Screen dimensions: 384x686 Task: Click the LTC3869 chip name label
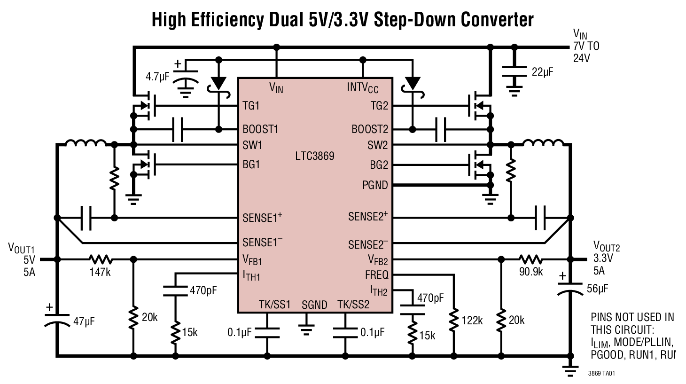(314, 156)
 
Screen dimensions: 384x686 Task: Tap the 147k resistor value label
(100, 272)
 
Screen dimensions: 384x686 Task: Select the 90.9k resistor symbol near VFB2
(530, 259)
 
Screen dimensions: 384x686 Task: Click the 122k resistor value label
(472, 321)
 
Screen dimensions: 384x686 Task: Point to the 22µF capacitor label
(542, 72)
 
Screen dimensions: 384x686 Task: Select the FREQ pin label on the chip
(376, 275)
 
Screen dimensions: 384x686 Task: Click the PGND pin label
(375, 185)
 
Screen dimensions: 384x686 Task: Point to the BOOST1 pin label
(260, 129)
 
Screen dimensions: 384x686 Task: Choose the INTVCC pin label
(362, 87)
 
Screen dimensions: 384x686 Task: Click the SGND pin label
(314, 305)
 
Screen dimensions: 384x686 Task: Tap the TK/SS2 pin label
(353, 305)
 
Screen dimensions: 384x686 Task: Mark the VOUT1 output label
(21, 248)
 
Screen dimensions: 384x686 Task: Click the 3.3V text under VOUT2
(603, 258)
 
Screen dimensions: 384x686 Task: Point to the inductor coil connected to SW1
(86, 144)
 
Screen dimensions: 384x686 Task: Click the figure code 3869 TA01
(601, 374)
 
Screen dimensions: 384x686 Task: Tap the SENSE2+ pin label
(368, 217)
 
